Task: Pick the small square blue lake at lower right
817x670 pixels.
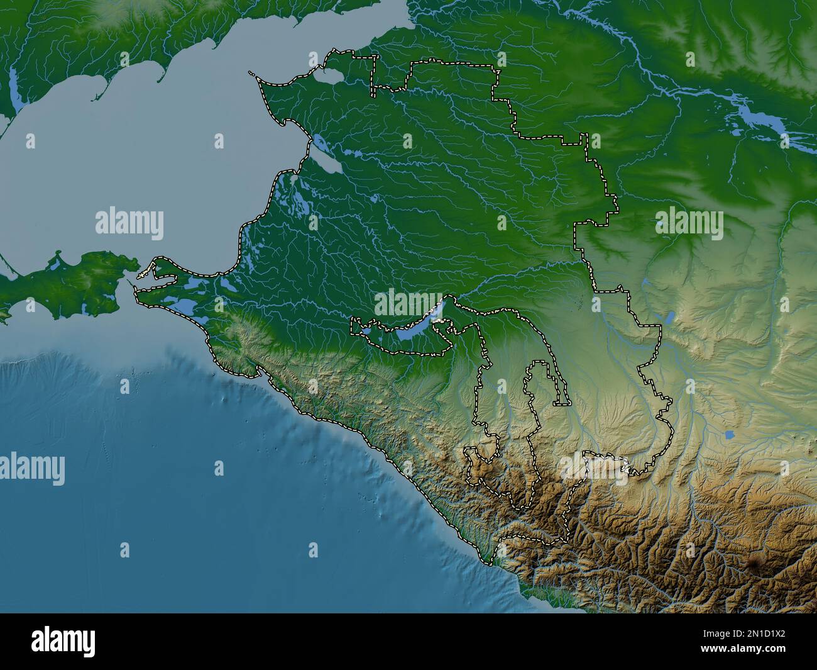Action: coord(729,435)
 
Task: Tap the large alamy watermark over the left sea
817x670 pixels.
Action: coord(129,223)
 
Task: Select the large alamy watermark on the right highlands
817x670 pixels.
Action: coord(689,223)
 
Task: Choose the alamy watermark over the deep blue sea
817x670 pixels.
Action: coord(33,469)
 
